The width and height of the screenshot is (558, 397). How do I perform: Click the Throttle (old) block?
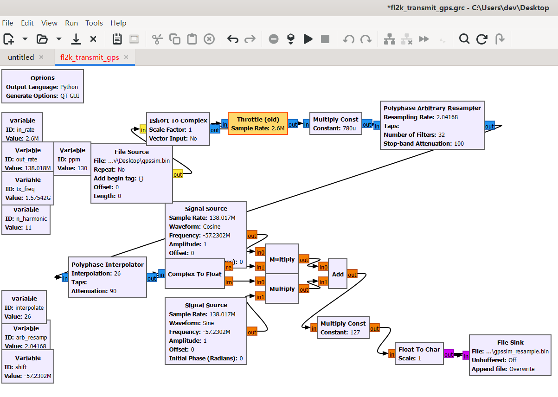click(x=258, y=123)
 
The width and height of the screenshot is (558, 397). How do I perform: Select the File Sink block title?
click(x=510, y=342)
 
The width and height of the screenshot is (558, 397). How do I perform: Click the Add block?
click(x=338, y=274)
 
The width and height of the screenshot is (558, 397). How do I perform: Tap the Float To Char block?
click(x=419, y=354)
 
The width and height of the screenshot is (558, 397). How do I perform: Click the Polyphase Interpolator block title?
click(x=107, y=264)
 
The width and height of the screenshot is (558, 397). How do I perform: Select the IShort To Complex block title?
click(x=178, y=121)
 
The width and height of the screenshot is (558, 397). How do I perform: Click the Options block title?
click(x=43, y=78)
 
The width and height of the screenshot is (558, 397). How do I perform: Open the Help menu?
click(x=118, y=23)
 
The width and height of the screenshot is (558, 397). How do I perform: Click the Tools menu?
click(x=94, y=23)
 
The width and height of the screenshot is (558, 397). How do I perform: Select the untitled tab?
click(x=21, y=58)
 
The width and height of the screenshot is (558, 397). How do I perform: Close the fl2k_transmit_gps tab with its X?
click(x=126, y=57)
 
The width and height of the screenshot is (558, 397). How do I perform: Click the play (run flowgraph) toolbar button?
click(x=308, y=39)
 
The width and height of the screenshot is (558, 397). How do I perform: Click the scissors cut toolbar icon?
click(x=157, y=39)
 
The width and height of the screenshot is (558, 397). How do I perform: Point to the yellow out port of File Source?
click(x=178, y=174)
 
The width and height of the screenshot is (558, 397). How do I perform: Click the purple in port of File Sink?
click(x=465, y=355)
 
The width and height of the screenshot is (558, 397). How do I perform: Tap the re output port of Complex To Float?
click(x=229, y=267)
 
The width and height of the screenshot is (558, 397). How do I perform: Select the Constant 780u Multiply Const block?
click(x=335, y=123)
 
